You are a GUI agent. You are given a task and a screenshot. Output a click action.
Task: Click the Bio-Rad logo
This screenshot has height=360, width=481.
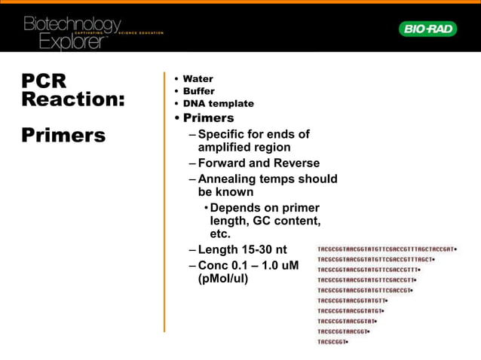click(427, 29)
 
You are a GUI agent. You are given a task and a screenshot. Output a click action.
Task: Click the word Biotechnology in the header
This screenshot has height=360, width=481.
click(72, 24)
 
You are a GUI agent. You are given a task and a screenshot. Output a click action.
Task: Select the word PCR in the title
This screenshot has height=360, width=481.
click(44, 81)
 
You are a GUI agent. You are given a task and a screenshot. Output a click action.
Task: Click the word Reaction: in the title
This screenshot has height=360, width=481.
click(72, 99)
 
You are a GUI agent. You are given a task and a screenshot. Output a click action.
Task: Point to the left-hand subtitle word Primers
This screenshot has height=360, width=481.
click(63, 136)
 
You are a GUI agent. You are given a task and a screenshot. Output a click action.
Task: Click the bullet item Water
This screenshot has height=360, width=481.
click(198, 78)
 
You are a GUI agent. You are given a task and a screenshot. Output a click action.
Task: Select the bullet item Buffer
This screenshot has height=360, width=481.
click(198, 91)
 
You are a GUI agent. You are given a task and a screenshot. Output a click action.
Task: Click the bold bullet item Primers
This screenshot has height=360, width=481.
click(208, 118)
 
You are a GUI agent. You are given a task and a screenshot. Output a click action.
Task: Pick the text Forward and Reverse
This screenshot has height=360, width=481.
click(259, 163)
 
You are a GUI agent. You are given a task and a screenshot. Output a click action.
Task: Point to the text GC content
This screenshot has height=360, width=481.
click(290, 221)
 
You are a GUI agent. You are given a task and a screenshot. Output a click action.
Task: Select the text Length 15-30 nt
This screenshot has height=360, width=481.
click(243, 249)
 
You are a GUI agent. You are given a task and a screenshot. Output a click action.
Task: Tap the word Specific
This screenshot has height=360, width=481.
click(225, 134)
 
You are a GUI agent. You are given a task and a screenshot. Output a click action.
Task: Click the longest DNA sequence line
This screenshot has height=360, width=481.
click(387, 248)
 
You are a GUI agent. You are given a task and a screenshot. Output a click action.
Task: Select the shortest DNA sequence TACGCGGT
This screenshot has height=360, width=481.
click(332, 342)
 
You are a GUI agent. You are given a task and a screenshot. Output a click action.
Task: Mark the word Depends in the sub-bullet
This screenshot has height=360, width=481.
click(237, 208)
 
